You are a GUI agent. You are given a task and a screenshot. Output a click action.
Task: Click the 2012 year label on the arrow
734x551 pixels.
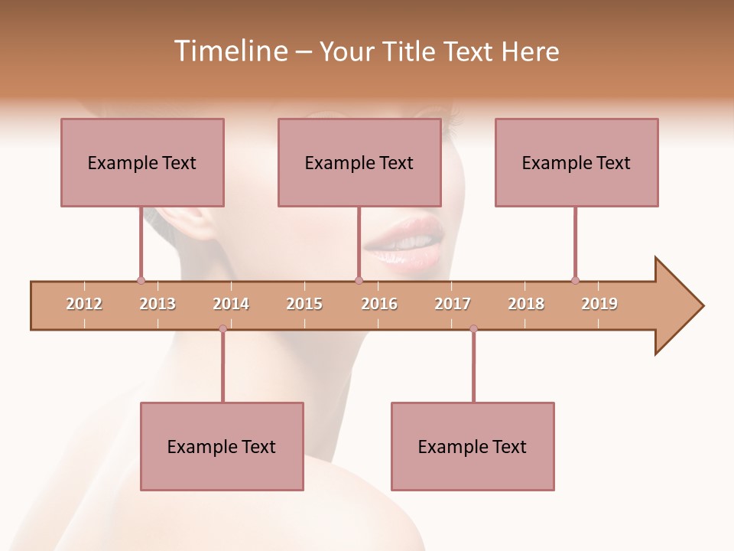[x=84, y=304]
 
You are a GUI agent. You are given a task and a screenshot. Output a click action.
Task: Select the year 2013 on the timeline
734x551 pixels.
[x=158, y=304]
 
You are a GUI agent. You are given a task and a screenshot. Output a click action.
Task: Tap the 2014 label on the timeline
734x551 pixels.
[x=231, y=304]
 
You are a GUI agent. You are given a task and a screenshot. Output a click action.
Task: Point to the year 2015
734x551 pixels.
[x=304, y=304]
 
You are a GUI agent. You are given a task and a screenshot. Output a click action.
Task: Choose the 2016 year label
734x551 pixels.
[x=379, y=304]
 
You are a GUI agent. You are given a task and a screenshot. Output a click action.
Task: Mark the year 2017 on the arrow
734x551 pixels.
[x=453, y=304]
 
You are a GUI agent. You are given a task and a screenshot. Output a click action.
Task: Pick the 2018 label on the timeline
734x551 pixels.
[x=526, y=304]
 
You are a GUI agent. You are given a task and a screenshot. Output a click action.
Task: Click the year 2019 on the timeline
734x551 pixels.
[x=599, y=304]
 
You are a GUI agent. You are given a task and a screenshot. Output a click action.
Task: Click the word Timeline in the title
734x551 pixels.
[x=229, y=51]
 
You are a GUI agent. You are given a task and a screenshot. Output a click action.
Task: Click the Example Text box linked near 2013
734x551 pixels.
[x=142, y=162]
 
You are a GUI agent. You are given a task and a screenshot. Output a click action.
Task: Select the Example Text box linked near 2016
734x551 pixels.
[x=359, y=162]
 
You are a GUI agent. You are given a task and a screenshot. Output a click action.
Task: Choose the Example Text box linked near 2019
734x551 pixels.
[x=576, y=162]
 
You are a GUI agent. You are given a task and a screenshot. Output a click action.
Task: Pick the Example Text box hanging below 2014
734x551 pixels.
[x=222, y=446]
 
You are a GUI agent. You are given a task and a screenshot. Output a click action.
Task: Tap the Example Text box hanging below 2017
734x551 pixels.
[x=473, y=446]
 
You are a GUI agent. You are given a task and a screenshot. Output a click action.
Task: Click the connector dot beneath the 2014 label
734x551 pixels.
[x=222, y=328]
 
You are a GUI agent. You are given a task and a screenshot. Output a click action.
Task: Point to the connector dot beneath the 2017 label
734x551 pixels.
[x=473, y=328]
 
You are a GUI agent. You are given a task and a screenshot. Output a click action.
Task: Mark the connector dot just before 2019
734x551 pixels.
[x=575, y=280]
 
